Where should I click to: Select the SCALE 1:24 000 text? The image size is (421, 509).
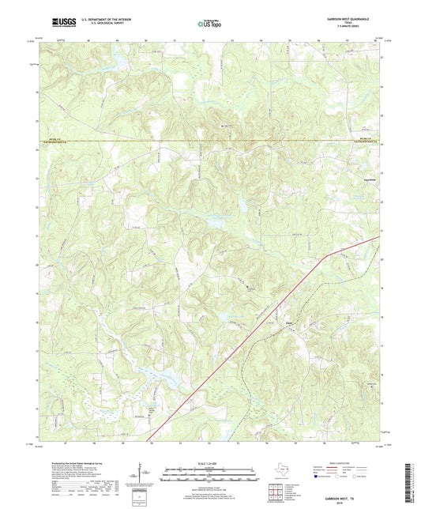click(210, 463)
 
